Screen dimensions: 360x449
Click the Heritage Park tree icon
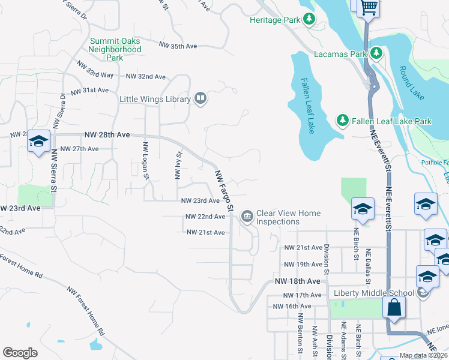(309, 20)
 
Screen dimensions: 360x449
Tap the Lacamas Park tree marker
(376, 54)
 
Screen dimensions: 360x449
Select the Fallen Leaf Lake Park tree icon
(342, 121)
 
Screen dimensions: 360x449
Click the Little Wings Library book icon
(200, 99)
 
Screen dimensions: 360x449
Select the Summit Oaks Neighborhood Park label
(115, 49)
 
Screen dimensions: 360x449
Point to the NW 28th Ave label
(107, 136)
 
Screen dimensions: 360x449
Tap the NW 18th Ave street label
(298, 281)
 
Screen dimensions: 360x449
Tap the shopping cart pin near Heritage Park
(369, 8)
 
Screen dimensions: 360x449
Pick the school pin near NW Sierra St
(38, 141)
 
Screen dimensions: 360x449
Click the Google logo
(20, 352)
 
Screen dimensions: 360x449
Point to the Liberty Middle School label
(374, 293)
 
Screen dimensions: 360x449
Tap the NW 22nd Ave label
(205, 217)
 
